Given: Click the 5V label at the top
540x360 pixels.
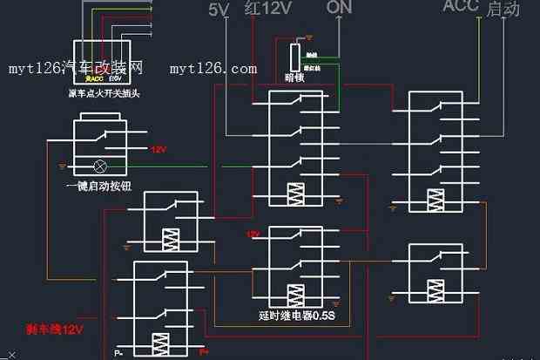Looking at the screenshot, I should pyautogui.click(x=219, y=10).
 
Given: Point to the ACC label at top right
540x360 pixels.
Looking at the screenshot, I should pyautogui.click(x=461, y=7).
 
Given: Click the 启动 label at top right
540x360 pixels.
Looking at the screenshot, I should pyautogui.click(x=504, y=10).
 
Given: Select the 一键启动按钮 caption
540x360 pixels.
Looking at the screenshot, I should pyautogui.click(x=97, y=186).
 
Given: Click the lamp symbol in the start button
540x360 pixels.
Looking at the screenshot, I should pyautogui.click(x=100, y=165).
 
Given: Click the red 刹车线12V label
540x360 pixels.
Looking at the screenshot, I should pyautogui.click(x=54, y=330).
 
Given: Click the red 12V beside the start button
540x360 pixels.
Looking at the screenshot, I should pyautogui.click(x=158, y=149).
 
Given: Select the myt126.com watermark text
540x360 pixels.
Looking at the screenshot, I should pyautogui.click(x=213, y=68).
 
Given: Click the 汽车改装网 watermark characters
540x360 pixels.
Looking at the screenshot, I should pyautogui.click(x=112, y=67).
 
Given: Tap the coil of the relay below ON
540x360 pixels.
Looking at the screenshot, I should pyautogui.click(x=299, y=194).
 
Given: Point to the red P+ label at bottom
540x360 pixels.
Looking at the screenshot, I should pyautogui.click(x=205, y=351).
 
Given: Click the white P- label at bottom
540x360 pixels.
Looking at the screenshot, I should pyautogui.click(x=118, y=353).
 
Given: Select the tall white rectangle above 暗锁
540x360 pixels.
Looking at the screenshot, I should pyautogui.click(x=295, y=58).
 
